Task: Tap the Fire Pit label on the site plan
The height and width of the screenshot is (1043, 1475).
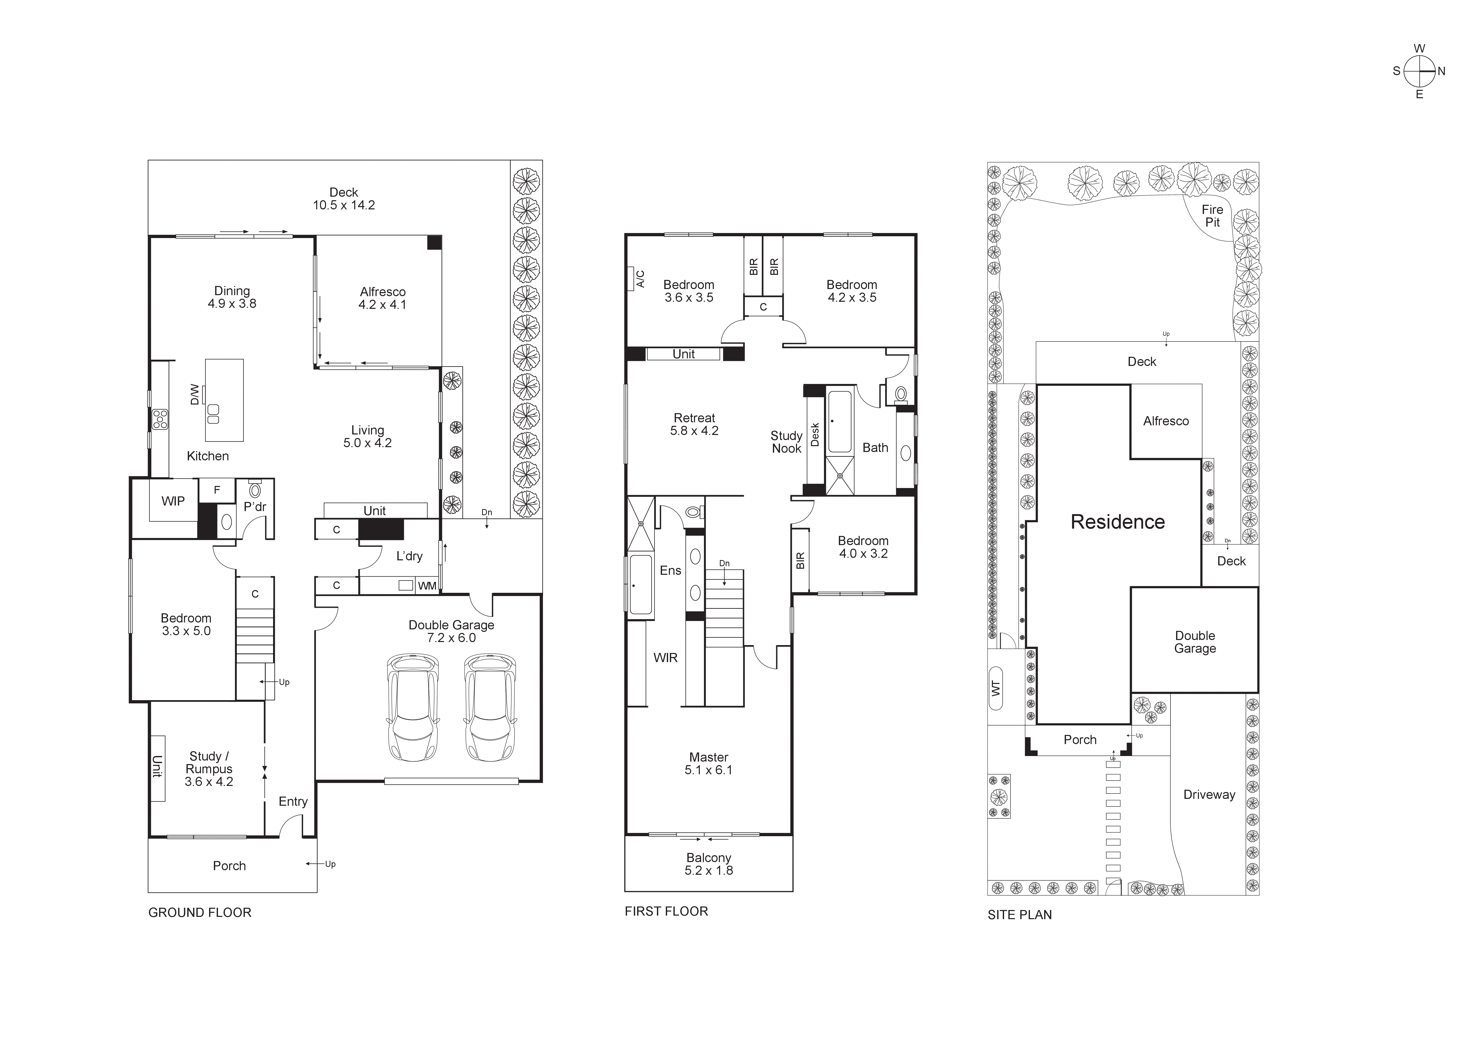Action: click(x=1212, y=216)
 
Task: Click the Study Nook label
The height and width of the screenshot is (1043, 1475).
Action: click(x=786, y=442)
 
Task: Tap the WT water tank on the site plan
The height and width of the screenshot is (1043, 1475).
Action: click(x=996, y=688)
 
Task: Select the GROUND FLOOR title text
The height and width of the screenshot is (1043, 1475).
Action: click(x=200, y=913)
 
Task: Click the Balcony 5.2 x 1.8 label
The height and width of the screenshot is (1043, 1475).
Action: click(x=709, y=864)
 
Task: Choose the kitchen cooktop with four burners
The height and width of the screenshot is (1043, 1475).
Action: click(x=159, y=420)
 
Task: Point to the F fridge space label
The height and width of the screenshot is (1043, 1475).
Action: click(x=216, y=490)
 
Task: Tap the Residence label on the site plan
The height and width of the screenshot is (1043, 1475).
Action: click(x=1117, y=522)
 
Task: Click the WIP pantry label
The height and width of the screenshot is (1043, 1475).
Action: click(x=173, y=501)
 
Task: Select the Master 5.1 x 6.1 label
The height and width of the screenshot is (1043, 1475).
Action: click(x=709, y=763)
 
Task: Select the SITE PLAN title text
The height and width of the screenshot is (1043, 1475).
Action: click(x=1020, y=915)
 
